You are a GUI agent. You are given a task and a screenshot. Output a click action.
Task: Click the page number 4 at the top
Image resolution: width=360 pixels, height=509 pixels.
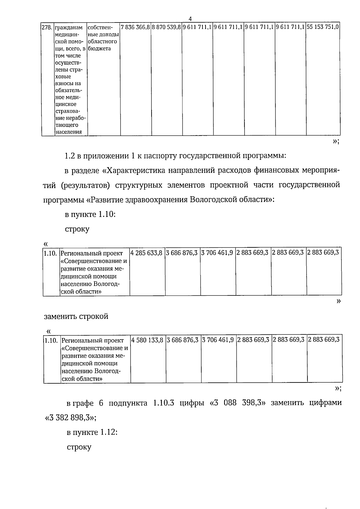[x=190, y=19]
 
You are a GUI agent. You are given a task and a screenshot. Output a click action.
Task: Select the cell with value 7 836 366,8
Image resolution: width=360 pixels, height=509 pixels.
[x=135, y=27]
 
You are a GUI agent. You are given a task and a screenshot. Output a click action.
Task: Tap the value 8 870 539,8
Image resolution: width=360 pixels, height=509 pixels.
[x=166, y=27]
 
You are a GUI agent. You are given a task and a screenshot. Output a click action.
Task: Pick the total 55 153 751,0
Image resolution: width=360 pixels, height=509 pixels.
[x=323, y=27]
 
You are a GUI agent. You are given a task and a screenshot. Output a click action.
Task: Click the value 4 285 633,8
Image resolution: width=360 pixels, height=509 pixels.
[x=147, y=253]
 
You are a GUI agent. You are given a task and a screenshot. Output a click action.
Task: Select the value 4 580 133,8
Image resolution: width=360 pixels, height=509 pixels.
[x=148, y=340]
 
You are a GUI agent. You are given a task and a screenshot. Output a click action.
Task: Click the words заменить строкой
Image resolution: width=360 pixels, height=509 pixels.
[x=76, y=316]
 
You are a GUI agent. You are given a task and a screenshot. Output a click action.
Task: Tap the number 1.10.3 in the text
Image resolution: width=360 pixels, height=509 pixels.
[x=163, y=403]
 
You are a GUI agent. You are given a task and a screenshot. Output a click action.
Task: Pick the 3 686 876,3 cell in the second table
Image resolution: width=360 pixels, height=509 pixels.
[x=182, y=253]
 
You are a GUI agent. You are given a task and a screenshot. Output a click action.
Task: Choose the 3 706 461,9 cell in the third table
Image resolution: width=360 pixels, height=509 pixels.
[x=218, y=340]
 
